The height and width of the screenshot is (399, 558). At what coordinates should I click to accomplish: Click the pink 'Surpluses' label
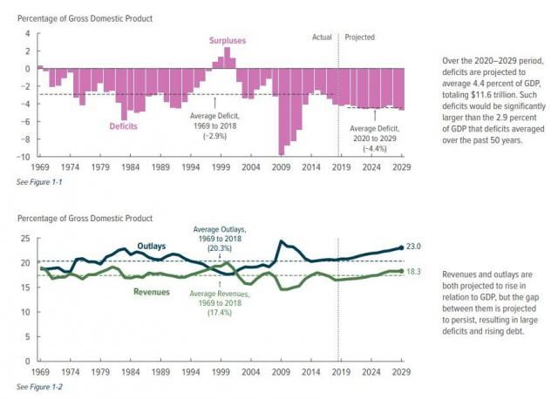227,40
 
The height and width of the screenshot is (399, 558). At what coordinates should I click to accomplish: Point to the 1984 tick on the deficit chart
129,166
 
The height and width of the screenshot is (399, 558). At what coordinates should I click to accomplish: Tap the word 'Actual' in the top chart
323,37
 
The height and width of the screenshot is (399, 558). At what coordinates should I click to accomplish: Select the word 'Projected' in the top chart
361,37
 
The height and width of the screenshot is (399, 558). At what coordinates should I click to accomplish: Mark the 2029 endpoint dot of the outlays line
402,247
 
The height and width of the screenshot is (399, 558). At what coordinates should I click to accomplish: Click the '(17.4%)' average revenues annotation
220,311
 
